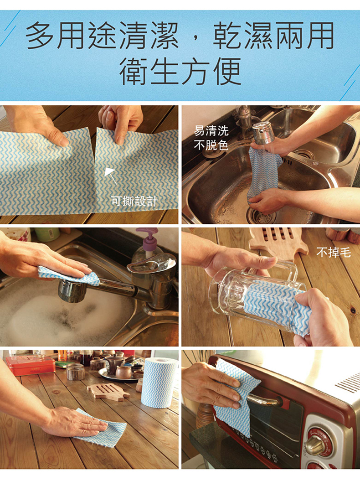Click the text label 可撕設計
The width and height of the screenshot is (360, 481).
[134, 201]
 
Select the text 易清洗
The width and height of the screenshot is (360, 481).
[211, 131]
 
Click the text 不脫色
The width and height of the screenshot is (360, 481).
[211, 145]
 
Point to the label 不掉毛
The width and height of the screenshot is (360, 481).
[333, 252]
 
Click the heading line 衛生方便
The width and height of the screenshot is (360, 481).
[180, 71]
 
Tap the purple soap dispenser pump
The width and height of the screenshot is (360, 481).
[147, 236]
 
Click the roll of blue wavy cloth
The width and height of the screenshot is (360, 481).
[159, 382]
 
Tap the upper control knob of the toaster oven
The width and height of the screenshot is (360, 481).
[316, 442]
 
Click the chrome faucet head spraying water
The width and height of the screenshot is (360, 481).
[262, 133]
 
